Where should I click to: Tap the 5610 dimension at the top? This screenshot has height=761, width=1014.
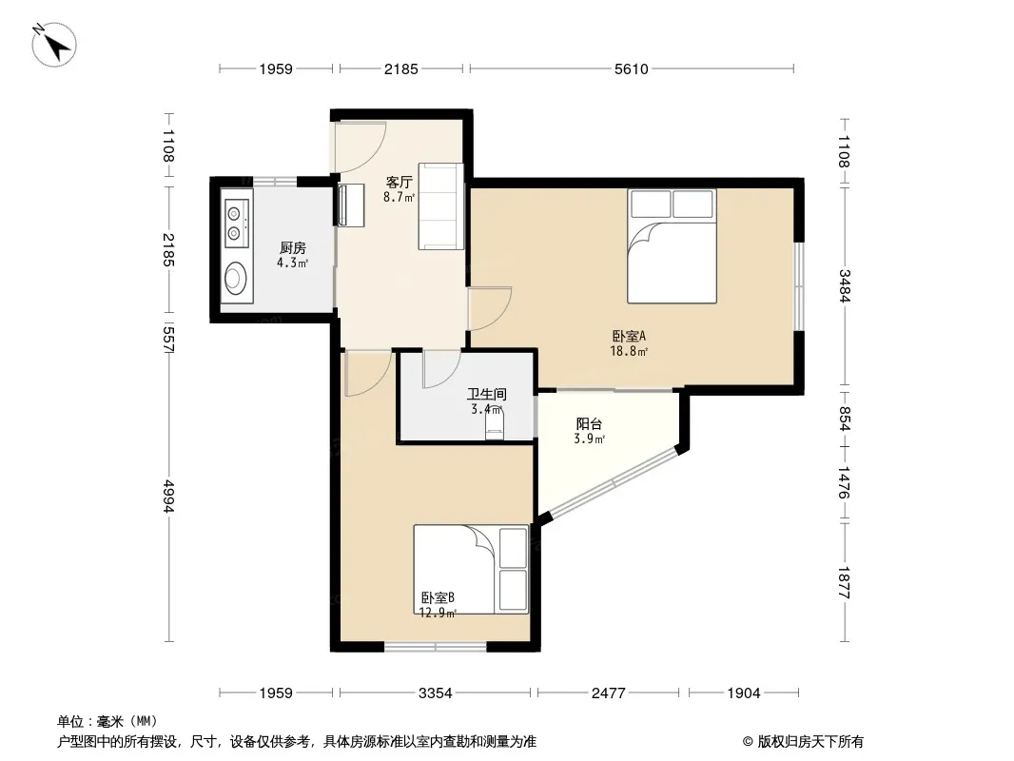tap(632, 69)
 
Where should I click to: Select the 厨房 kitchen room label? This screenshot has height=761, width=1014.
tap(293, 247)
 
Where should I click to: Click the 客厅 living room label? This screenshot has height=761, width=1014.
tap(399, 183)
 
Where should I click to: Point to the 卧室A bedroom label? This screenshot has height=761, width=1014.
tap(629, 336)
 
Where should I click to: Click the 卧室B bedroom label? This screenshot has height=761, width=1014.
tap(438, 597)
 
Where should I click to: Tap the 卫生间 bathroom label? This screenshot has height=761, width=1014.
tap(487, 394)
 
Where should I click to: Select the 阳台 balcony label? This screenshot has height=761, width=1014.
tap(589, 424)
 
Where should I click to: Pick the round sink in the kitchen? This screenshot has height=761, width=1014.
tap(235, 279)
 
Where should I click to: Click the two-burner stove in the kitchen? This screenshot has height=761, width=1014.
tap(236, 223)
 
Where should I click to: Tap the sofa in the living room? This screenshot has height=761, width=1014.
tap(441, 206)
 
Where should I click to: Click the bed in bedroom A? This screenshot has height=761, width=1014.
tap(672, 245)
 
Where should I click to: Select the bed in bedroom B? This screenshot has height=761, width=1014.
tap(471, 569)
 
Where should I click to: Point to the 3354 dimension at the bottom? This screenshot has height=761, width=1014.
tap(436, 693)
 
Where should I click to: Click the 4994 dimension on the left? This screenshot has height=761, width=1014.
tap(168, 496)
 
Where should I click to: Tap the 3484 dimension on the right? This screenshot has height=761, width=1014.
tap(845, 285)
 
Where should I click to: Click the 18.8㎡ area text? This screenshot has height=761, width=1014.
tap(629, 352)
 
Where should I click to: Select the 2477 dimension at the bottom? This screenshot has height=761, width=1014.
tap(609, 693)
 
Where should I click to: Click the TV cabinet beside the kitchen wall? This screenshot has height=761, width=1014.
tap(350, 205)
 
